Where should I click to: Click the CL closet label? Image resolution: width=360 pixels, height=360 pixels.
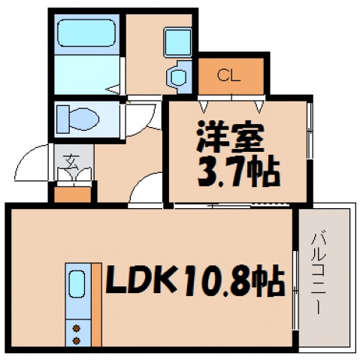tap(230, 74)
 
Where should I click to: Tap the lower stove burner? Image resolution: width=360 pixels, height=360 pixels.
tap(77, 340)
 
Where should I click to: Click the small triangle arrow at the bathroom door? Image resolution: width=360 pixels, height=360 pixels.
tap(113, 89)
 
